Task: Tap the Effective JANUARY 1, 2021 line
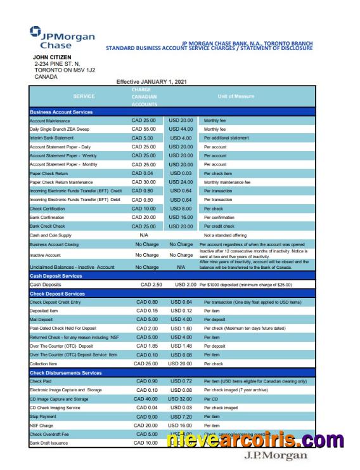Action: coord(151,81)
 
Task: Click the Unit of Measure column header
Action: coord(235,96)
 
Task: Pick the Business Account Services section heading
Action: coord(61,112)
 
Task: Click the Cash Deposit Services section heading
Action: coord(57,276)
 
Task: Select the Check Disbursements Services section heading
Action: coord(66,373)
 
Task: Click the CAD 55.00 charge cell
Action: coord(143,129)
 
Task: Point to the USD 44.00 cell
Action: coord(181,129)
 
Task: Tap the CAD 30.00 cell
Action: coord(143,182)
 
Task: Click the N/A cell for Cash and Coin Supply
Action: coord(144,235)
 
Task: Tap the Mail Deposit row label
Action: coord(42,320)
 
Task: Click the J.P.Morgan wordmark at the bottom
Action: coord(275,456)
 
